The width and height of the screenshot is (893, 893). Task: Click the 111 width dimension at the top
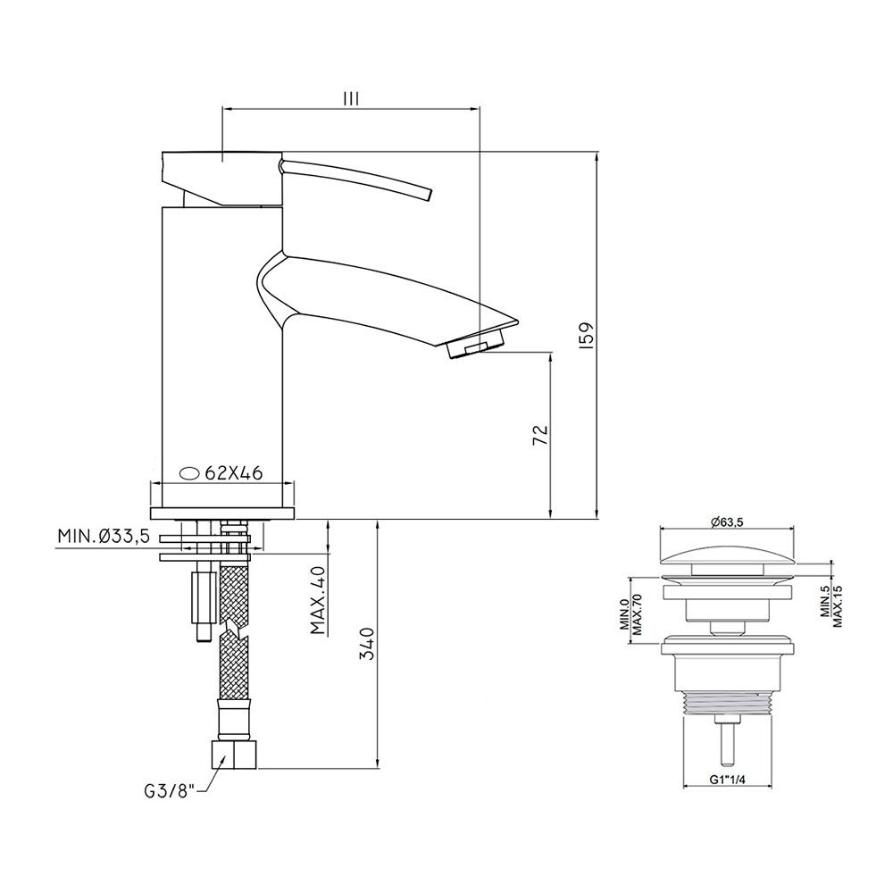pos(351,98)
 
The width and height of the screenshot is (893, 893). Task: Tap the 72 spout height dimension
pos(540,435)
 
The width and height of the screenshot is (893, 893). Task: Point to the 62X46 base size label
pos(233,472)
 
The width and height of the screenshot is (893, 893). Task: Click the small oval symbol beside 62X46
pos(189,472)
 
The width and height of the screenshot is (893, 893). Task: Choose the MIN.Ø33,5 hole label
pos(104,536)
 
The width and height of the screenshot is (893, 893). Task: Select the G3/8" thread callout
pos(170,791)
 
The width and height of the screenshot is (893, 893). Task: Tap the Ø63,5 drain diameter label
pos(727,522)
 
